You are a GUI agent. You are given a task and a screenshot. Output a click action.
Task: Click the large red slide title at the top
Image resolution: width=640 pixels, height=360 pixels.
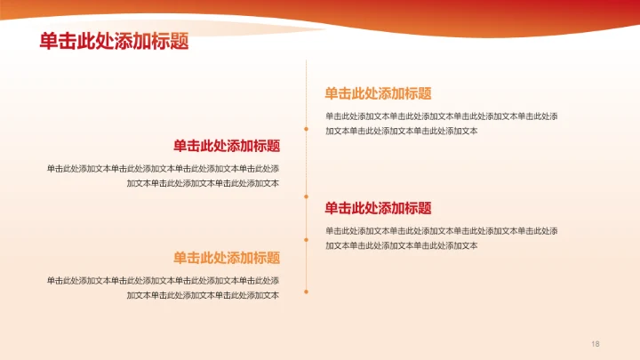coord(114,41)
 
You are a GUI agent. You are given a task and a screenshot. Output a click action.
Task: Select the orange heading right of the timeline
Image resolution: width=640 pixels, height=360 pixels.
coord(378,93)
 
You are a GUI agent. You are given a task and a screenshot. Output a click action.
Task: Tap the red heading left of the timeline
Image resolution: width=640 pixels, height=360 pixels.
coord(227,146)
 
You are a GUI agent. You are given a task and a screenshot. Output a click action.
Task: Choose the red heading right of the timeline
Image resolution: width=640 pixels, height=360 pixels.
coord(378,208)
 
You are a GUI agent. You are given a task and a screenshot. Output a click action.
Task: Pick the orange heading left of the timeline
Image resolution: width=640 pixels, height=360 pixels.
coord(227,258)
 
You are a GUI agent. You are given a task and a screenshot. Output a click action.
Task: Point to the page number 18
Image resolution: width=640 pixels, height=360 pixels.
coord(596,343)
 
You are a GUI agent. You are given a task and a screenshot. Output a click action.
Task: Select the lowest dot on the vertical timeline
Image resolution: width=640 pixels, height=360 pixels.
coord(307,291)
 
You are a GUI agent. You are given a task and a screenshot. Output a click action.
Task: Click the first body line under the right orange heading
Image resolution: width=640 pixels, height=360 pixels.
coord(442,116)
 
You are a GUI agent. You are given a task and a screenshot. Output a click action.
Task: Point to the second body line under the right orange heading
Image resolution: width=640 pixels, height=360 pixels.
coord(402,131)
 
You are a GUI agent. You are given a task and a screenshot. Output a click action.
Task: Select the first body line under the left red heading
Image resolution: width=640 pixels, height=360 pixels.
coord(163,168)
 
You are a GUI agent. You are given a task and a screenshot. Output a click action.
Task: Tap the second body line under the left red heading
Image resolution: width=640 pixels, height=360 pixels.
coord(203,183)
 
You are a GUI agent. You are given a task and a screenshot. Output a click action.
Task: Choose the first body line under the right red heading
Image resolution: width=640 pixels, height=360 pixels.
coord(442,230)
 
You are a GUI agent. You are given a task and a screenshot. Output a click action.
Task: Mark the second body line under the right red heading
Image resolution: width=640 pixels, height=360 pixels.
coord(402,245)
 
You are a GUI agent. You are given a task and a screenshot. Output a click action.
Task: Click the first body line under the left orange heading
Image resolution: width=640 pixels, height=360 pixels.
coord(163,280)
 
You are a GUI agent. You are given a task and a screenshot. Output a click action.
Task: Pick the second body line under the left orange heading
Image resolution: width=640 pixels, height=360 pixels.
coord(203,295)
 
